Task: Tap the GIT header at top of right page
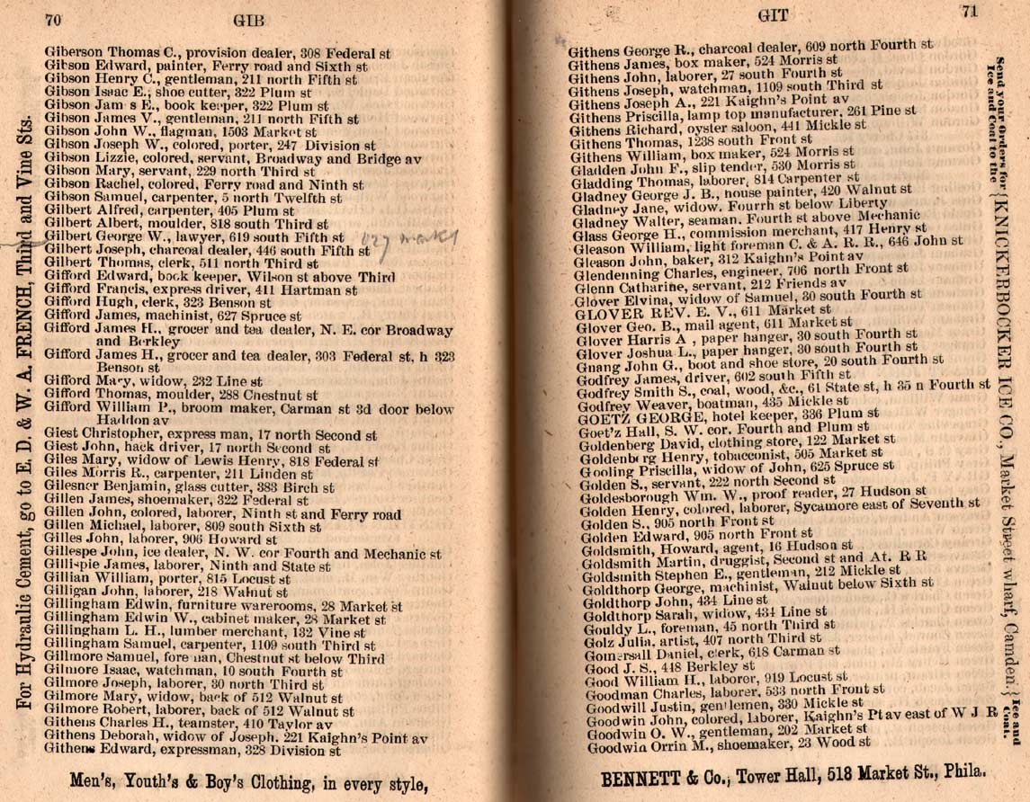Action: [773, 15]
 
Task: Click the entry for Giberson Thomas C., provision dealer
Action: [217, 54]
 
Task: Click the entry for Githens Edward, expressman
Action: [193, 749]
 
